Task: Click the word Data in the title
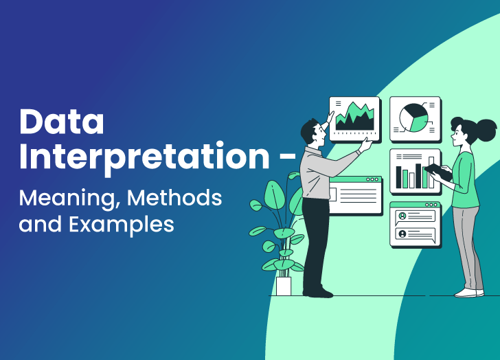coord(62,122)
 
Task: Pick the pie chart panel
coord(415,117)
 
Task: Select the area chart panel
coord(354,118)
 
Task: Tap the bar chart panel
coord(414,171)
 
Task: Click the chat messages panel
coord(414,225)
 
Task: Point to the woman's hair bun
coord(486,128)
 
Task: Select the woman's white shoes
coord(470,292)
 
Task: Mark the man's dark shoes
coord(317,292)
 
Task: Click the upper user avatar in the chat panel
coord(402,216)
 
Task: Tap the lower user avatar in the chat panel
coord(402,234)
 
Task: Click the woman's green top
coord(466,180)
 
